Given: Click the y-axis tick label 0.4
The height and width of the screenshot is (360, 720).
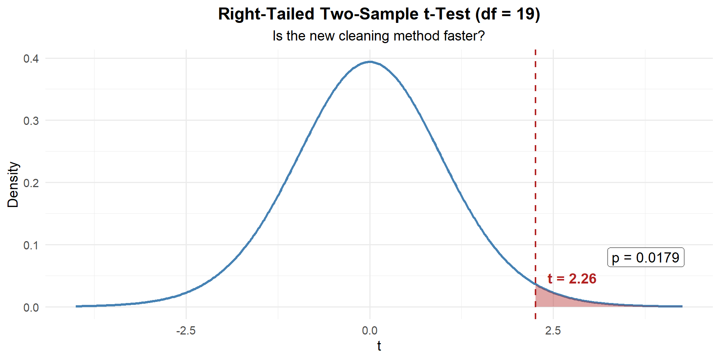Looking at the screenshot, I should [x=31, y=59].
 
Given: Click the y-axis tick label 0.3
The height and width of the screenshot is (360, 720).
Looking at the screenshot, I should [x=31, y=121].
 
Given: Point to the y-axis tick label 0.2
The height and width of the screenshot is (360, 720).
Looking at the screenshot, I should [x=31, y=183].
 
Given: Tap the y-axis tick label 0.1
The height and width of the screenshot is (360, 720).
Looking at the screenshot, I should [x=31, y=245].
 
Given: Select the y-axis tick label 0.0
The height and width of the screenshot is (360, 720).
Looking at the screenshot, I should [x=31, y=307].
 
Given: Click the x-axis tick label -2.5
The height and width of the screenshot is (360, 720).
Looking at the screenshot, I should [x=186, y=331].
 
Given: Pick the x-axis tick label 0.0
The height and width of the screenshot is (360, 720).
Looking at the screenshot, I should [x=370, y=331].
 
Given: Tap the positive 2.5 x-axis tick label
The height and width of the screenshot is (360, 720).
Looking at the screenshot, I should [x=553, y=331].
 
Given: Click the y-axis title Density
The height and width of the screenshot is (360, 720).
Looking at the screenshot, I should [x=13, y=184].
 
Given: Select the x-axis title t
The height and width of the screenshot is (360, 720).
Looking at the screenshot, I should [x=379, y=346].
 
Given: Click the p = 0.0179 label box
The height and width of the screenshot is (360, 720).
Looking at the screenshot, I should [x=645, y=258].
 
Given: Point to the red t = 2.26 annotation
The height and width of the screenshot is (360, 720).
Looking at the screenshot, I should [x=571, y=279].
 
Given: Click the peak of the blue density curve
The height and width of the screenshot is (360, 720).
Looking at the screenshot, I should [x=370, y=62].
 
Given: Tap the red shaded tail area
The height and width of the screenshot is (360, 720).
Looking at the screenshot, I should [x=551, y=299].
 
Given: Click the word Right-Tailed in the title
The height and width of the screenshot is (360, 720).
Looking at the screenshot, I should [x=266, y=14].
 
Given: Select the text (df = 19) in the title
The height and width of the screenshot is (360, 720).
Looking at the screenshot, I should [x=508, y=14].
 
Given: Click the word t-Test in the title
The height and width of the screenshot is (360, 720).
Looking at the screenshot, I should [x=447, y=14].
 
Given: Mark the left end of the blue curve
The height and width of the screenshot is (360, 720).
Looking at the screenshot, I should [x=76, y=306].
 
